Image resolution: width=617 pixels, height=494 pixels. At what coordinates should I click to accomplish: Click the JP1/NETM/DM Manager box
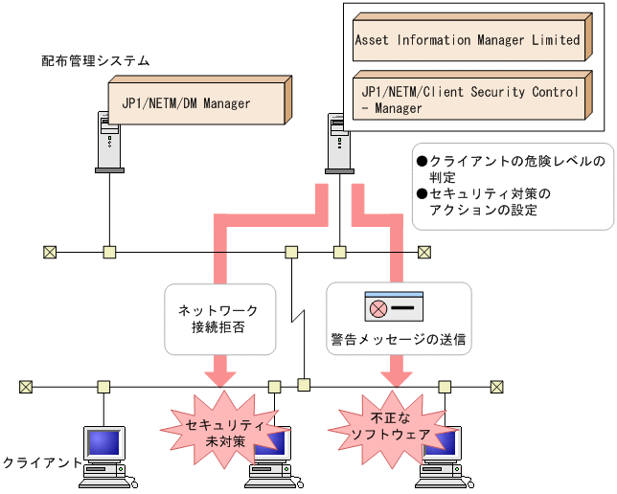click(x=194, y=102)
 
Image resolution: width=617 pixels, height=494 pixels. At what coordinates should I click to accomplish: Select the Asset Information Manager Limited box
click(x=468, y=40)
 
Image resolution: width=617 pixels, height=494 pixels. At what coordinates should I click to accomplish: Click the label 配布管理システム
click(x=96, y=60)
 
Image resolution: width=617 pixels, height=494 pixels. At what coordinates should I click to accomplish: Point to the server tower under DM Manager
click(x=110, y=141)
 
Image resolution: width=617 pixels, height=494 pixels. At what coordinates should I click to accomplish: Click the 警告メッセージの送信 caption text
click(x=398, y=338)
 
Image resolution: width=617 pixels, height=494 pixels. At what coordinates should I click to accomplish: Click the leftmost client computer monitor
click(x=104, y=442)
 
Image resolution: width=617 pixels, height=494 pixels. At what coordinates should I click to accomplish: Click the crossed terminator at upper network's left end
click(x=50, y=253)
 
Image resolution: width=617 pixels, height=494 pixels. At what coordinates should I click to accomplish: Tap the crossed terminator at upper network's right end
click(x=424, y=253)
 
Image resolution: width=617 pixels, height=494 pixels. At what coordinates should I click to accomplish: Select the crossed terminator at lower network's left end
click(x=26, y=387)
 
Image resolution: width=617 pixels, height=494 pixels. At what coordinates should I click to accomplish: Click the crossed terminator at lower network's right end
click(x=496, y=387)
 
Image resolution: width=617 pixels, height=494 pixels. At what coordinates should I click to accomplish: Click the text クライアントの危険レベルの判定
click(x=512, y=168)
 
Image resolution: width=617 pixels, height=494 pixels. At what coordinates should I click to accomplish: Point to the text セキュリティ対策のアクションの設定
click(x=498, y=201)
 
